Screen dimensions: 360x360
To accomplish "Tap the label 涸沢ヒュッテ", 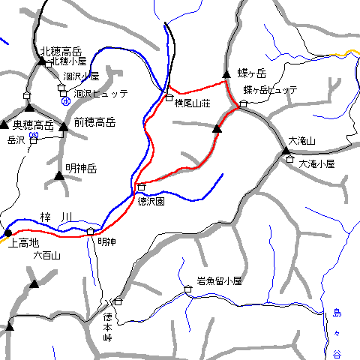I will click(101, 94).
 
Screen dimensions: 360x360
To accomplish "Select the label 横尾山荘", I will click(193, 102).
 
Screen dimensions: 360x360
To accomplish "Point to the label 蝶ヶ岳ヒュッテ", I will click(270, 90).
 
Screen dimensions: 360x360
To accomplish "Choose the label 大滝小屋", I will click(316, 163).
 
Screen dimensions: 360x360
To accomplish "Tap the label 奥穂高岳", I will click(34, 124).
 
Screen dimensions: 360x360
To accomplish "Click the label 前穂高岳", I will click(94, 122).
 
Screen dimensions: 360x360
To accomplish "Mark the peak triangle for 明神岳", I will click(59, 176).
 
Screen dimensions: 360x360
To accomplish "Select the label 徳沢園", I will click(151, 201).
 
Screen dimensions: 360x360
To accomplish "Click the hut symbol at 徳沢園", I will click(141, 186).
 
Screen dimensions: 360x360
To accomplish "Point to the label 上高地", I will click(23, 242).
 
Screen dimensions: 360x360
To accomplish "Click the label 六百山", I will click(46, 256).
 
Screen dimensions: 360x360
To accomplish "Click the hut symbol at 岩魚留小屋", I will click(187, 289).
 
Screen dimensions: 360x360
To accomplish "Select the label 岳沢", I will click(16, 140).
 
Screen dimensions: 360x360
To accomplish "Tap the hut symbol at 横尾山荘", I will click(169, 97).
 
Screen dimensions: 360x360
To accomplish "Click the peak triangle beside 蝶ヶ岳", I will click(226, 74).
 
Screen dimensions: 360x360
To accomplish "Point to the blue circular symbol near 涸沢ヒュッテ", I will click(66, 100).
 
